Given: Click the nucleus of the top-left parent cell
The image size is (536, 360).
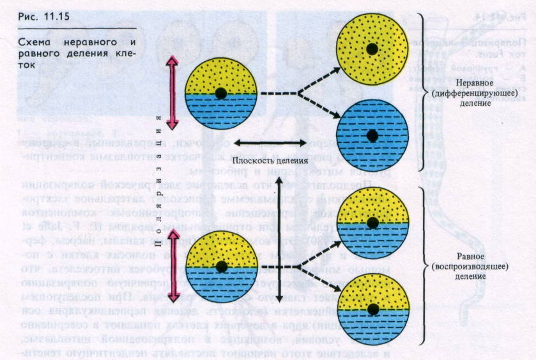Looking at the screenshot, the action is tap(220, 93).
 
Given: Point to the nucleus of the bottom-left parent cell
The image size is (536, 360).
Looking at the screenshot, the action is tap(220, 266).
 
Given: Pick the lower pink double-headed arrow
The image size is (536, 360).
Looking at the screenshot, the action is tap(172, 266).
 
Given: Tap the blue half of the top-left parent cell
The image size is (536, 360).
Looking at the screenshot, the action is tap(220, 112).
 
